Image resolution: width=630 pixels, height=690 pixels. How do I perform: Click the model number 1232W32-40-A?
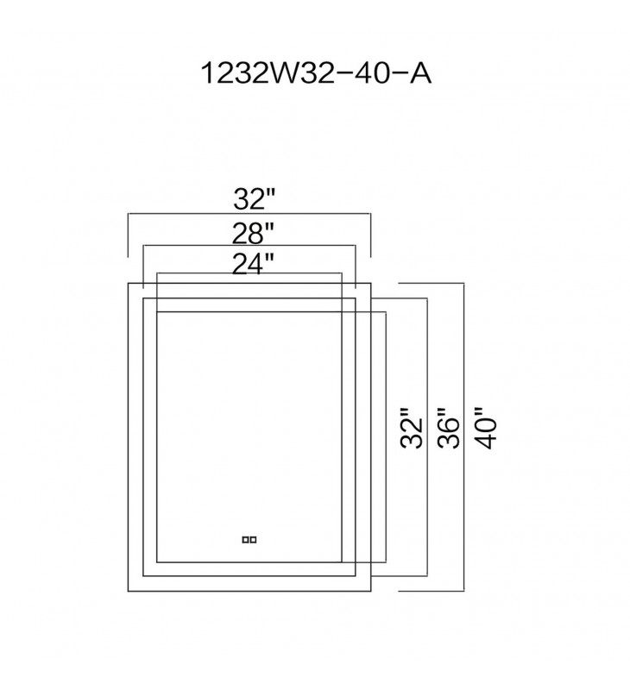pos(316,73)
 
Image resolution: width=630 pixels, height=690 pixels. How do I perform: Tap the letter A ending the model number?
pos(420,73)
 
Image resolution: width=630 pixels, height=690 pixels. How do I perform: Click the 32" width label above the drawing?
pos(254,199)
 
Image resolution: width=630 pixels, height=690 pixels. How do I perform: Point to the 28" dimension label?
pos(253,233)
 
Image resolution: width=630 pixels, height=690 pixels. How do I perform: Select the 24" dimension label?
pos(253,264)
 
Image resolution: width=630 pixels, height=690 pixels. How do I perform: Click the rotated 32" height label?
pos(412,428)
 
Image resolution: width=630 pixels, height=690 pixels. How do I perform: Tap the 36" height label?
pos(449,428)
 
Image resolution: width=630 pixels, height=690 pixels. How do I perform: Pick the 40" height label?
pos(486,428)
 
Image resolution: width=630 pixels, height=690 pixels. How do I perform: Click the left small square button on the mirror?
pos(245,540)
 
